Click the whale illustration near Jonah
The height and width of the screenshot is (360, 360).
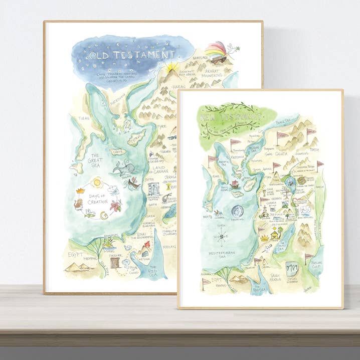click(120, 167)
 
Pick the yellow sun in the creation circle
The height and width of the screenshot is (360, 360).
click(97, 182)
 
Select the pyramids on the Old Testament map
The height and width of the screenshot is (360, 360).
click(78, 267)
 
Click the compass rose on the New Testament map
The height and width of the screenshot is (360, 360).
click(221, 236)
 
